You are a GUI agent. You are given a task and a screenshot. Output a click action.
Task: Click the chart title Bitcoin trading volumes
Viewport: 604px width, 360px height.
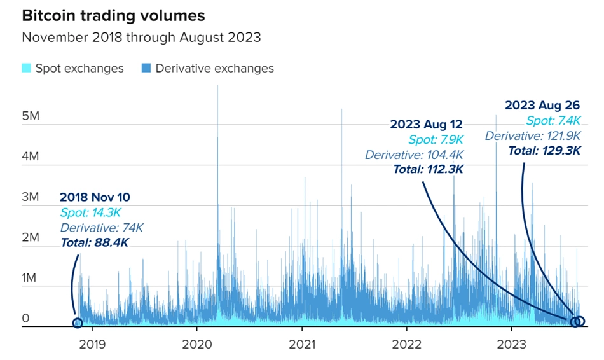(113, 15)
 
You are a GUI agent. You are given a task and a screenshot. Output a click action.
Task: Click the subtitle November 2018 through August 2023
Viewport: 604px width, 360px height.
(141, 37)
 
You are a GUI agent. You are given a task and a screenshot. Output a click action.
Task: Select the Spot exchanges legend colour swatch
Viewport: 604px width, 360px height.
(26, 68)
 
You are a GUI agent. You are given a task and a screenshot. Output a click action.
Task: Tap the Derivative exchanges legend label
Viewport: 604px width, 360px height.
(214, 68)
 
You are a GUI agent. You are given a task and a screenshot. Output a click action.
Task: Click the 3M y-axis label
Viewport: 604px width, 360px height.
(30, 197)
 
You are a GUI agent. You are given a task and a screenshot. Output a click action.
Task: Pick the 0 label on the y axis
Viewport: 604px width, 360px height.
(26, 317)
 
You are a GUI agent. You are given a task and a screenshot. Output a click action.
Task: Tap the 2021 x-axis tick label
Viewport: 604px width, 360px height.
(301, 344)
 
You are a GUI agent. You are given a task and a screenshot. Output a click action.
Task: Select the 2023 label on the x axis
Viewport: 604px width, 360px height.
(511, 344)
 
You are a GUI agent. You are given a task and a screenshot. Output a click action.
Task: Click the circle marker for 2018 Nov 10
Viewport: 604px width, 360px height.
(78, 322)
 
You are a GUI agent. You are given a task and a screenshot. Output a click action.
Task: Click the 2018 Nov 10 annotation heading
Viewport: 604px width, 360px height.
(96, 197)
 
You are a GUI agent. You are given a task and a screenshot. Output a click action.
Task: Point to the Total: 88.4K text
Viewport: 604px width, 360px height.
(94, 242)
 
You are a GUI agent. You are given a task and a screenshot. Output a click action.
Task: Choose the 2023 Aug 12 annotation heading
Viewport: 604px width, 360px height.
(426, 124)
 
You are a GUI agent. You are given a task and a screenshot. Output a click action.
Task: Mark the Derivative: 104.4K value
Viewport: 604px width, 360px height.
(414, 155)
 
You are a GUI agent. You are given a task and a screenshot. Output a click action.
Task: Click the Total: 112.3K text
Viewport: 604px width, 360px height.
(428, 169)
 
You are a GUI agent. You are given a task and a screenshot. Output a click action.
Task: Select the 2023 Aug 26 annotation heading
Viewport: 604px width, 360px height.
(542, 105)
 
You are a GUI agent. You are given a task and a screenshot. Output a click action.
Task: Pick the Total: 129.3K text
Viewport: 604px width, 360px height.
(544, 150)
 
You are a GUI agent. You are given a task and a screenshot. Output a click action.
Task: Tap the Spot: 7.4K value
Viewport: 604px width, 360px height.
(553, 121)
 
